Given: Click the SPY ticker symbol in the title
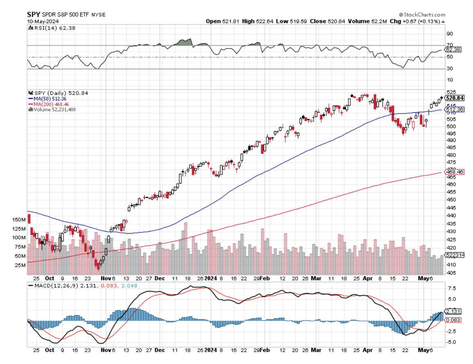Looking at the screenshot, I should [x=34, y=14].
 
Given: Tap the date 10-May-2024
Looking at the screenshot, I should [x=40, y=20].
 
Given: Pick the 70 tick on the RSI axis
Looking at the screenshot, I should [x=450, y=45].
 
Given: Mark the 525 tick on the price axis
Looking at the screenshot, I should [x=450, y=92].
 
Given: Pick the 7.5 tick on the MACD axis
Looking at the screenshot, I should [x=450, y=289].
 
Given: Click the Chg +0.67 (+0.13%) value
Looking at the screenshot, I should [x=414, y=21].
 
